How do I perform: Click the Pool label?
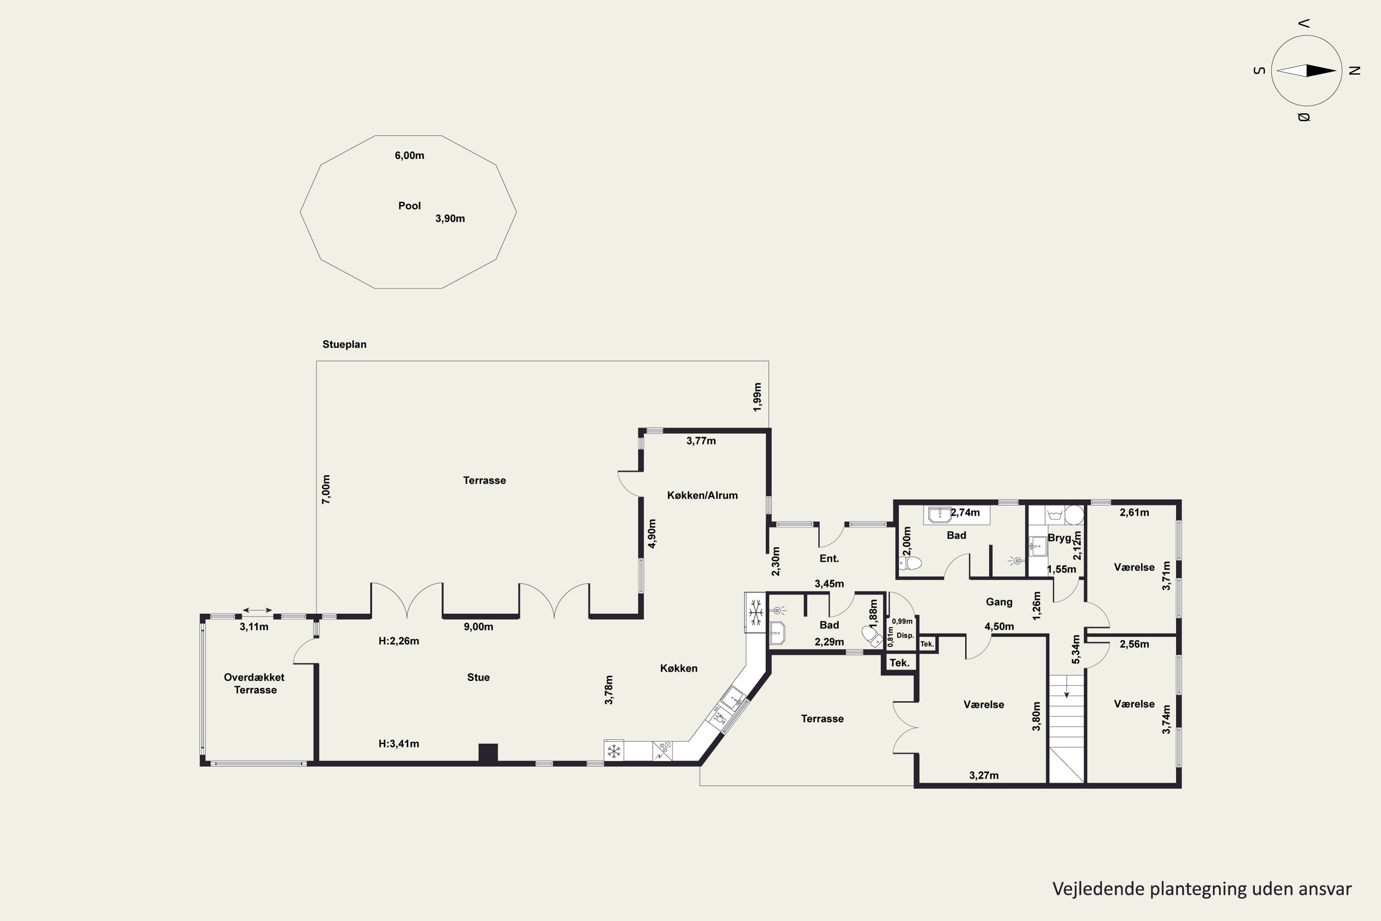[x=409, y=205]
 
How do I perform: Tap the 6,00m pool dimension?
[x=409, y=156]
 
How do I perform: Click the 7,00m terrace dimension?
[x=326, y=489]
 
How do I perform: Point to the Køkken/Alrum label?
[x=702, y=495]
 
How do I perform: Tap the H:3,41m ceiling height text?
[x=399, y=744]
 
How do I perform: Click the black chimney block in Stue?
[x=488, y=752]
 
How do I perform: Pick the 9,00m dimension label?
[x=479, y=627]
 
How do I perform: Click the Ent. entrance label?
[x=829, y=559]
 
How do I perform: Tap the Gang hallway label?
[x=999, y=602]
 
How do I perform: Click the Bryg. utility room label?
[x=1060, y=537]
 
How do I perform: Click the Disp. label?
[x=905, y=635]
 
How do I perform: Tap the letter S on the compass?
[x=1259, y=70]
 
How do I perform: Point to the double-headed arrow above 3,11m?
[x=257, y=610]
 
